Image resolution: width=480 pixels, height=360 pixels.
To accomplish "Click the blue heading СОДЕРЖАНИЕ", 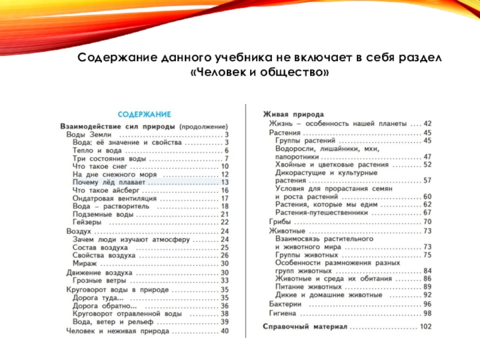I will point(144,113).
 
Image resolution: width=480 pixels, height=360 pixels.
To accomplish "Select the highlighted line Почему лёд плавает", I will point(109,182).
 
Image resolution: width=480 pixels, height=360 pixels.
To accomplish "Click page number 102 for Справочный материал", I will point(426,326).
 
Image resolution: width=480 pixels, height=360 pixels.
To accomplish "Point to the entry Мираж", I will point(84,263).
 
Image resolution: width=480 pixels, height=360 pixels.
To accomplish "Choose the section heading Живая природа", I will point(294,114).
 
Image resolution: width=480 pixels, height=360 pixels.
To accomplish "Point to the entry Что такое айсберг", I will point(106,190).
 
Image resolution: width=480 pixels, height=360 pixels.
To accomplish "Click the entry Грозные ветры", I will point(99,280).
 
